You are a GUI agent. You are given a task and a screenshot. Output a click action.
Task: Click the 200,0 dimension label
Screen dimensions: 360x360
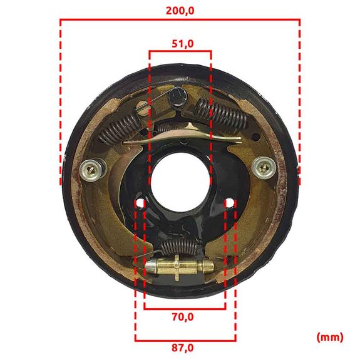pyautogui.click(x=180, y=11)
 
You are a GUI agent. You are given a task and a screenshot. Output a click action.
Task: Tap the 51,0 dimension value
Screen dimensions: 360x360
pyautogui.click(x=183, y=44)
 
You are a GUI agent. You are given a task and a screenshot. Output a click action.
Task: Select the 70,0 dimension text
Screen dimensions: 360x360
pyautogui.click(x=183, y=317)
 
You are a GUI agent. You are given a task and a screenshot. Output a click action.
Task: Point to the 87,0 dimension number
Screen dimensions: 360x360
pyautogui.click(x=183, y=348)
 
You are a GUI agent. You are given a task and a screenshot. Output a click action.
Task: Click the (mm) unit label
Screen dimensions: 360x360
pyautogui.click(x=330, y=337)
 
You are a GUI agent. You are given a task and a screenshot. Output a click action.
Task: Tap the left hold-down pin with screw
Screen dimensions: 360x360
pyautogui.click(x=92, y=170)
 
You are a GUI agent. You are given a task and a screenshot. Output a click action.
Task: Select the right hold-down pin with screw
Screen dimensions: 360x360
pyautogui.click(x=264, y=168)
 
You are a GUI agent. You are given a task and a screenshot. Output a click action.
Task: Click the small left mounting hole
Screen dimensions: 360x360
pyautogui.click(x=140, y=203)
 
